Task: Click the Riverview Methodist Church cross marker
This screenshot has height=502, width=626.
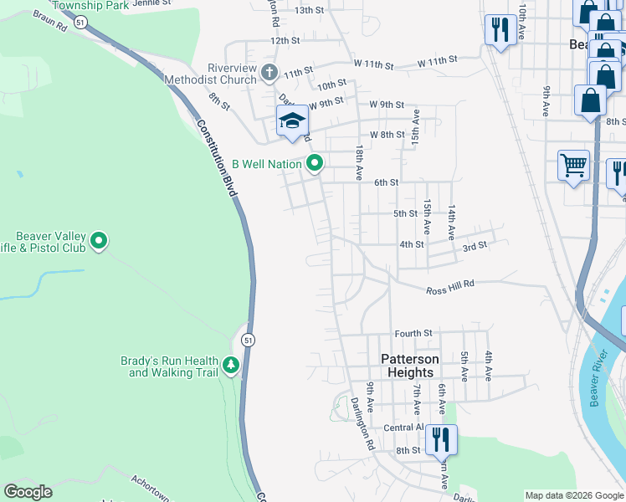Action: coord(269,72)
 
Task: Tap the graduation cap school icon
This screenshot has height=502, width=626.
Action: coord(291,121)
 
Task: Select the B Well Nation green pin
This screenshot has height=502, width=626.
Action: coord(315,163)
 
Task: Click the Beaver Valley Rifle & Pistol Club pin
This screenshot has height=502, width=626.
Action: coord(99,242)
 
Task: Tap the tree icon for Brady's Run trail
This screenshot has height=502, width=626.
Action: coord(231,365)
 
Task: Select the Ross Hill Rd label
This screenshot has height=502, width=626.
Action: coord(450,287)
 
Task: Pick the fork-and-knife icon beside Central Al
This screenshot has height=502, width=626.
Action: coord(440,438)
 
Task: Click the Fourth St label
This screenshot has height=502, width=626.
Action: coord(413,333)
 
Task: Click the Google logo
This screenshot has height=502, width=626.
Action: coord(28,492)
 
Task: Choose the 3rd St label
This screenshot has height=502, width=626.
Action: coord(475,247)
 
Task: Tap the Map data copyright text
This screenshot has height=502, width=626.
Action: coord(574,495)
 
